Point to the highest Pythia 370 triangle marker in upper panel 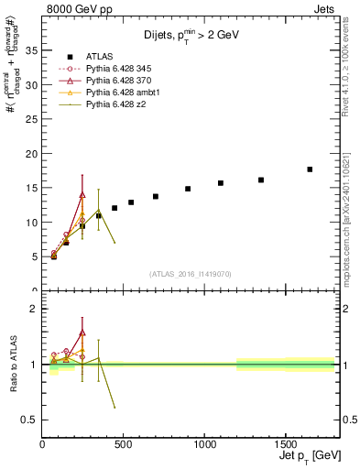point(82,194)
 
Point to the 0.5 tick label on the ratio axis point(27,420)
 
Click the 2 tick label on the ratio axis point(33,309)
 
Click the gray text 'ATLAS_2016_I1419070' point(191,274)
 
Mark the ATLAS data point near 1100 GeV point(221,183)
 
